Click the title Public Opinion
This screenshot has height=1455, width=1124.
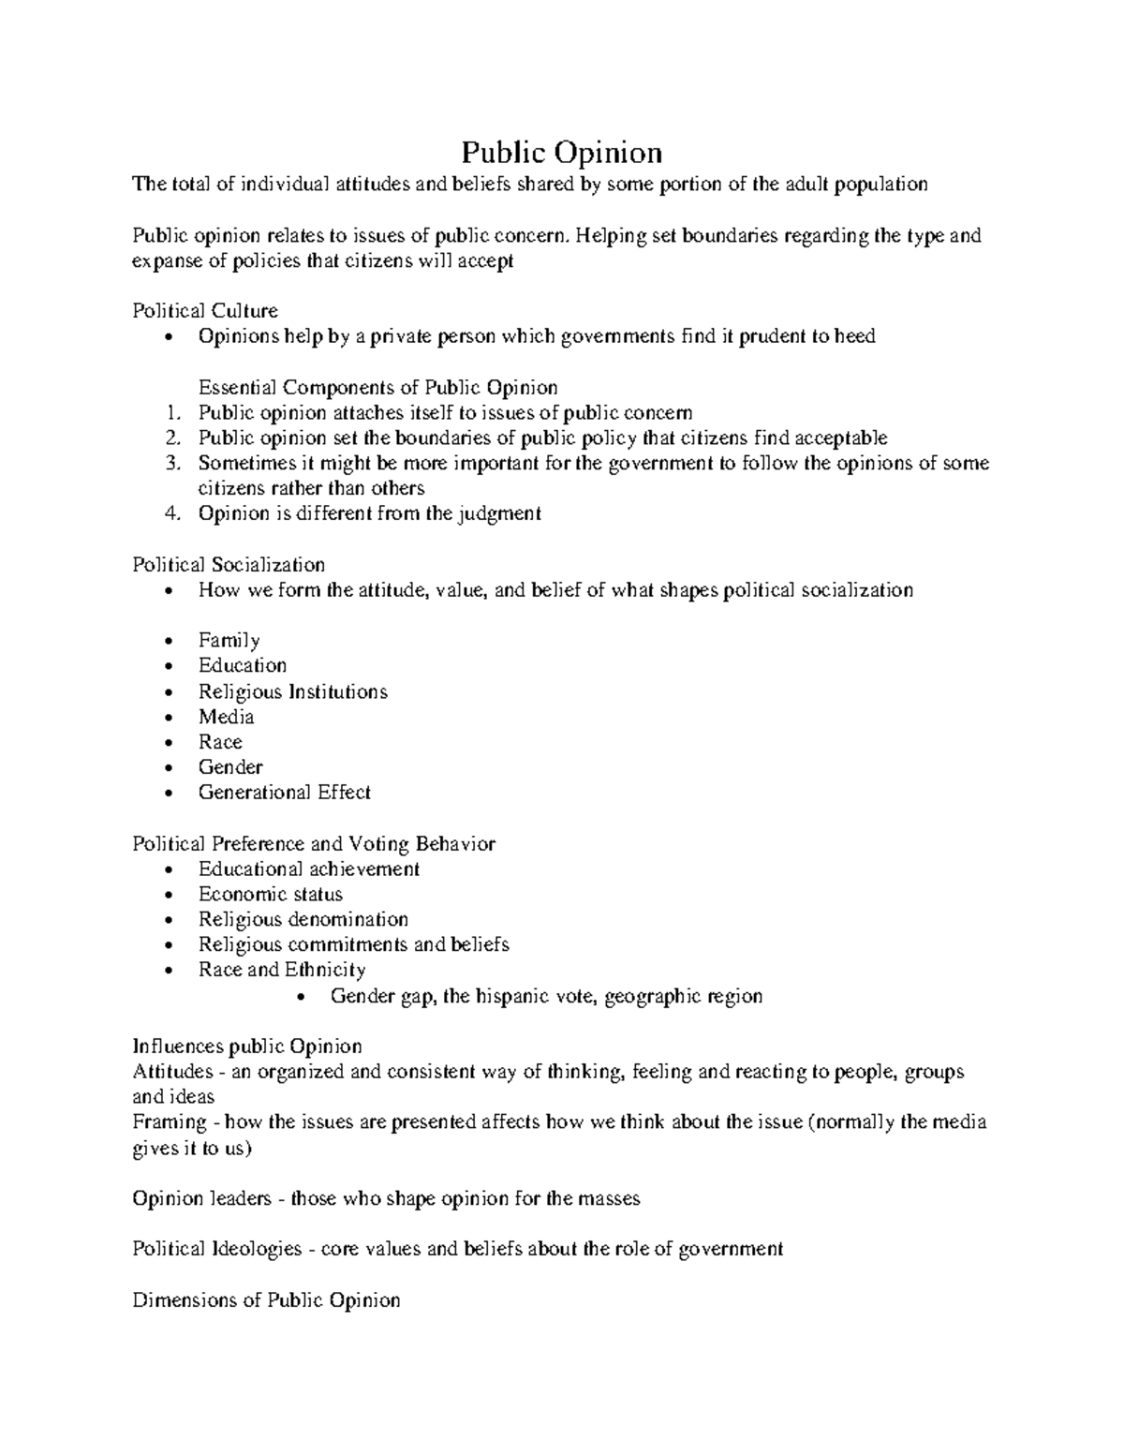(x=561, y=152)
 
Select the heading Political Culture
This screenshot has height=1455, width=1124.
(x=205, y=311)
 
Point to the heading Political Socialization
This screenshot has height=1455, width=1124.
(x=229, y=565)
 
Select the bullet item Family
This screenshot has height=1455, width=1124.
(x=229, y=641)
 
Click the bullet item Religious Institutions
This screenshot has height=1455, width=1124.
(x=292, y=691)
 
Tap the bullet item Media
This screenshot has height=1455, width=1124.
(x=226, y=717)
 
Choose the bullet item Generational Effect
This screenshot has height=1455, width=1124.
(x=284, y=793)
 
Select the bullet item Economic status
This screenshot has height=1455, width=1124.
(x=270, y=894)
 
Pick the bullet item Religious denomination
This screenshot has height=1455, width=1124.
(x=303, y=919)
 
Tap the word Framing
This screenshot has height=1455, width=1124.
(x=170, y=1122)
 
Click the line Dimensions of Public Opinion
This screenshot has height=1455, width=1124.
(x=266, y=1300)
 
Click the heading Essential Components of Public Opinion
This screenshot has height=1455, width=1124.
(x=377, y=388)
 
